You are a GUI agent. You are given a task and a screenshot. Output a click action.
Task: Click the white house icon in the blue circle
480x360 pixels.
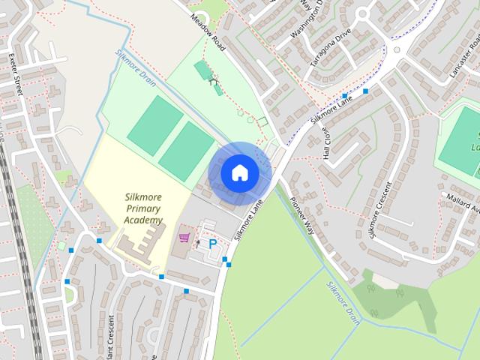click(x=239, y=172)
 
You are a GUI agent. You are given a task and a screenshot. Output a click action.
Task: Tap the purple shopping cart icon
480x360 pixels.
click(x=184, y=238)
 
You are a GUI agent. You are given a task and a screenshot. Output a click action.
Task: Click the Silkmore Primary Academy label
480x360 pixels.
click(x=143, y=209)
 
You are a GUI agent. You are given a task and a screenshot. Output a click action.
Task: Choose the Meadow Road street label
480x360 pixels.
click(x=208, y=32)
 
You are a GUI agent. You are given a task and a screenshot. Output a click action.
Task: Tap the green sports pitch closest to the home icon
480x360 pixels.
click(x=187, y=151)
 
